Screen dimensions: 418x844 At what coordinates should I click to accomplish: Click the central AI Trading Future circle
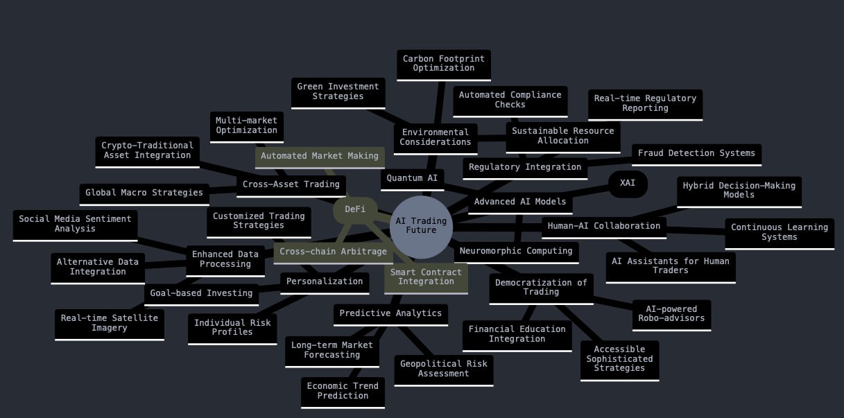[x=421, y=227]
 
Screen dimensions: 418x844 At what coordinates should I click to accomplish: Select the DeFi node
[x=354, y=209]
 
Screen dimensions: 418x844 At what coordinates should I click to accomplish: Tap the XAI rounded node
[x=627, y=183]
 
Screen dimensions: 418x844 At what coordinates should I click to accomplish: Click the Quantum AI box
[x=412, y=178]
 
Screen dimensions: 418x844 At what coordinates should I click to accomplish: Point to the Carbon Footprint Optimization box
[x=443, y=64]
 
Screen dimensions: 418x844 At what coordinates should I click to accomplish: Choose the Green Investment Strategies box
[x=338, y=92]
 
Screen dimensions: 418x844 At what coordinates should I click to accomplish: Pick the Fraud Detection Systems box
[x=696, y=153]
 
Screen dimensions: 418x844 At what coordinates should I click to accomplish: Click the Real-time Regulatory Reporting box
[x=645, y=103]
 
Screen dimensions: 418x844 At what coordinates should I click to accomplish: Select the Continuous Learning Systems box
[x=779, y=232]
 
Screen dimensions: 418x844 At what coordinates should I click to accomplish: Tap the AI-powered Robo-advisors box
[x=671, y=314]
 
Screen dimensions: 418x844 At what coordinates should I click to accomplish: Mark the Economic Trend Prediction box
[x=343, y=391]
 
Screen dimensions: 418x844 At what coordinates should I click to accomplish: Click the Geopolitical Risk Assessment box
[x=443, y=369]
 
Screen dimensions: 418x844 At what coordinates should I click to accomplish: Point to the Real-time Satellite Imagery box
[x=109, y=323]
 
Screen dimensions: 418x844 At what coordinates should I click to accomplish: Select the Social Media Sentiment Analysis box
[x=75, y=224]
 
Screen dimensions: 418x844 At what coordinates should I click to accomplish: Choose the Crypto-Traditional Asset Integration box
[x=147, y=150]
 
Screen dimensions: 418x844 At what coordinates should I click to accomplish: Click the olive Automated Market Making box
[x=319, y=156]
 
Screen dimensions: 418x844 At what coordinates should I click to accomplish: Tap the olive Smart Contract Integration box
[x=426, y=277]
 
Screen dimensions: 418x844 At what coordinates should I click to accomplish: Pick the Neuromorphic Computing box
[x=516, y=251]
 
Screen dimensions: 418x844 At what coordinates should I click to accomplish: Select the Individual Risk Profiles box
[x=232, y=328]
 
